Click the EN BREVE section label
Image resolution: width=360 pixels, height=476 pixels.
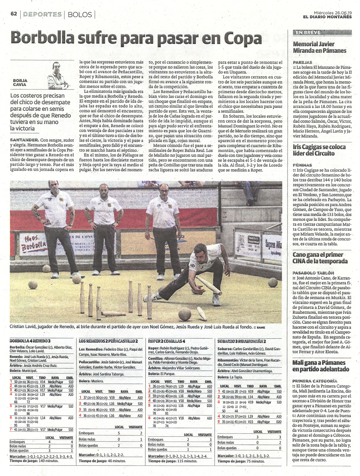pyautogui.click(x=305, y=32)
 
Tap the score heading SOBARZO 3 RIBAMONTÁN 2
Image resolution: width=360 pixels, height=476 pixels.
pyautogui.click(x=242, y=340)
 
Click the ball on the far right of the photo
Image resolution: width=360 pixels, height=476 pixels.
pyautogui.click(x=273, y=282)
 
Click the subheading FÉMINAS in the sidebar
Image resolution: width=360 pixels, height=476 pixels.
pyautogui.click(x=302, y=164)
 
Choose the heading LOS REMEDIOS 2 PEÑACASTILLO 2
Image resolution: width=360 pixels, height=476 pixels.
pyautogui.click(x=108, y=340)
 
